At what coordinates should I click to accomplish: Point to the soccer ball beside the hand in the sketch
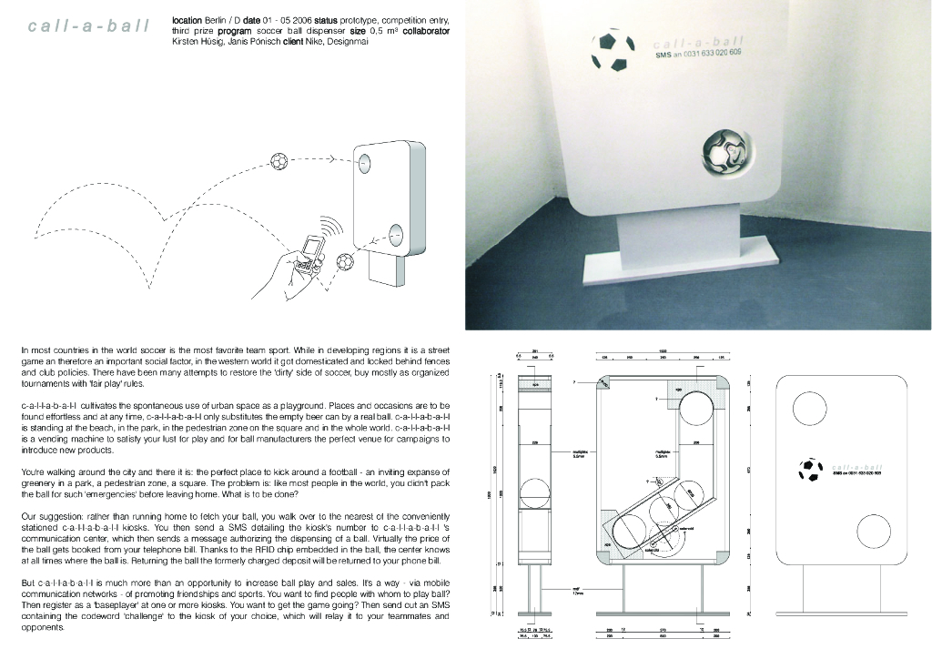click(346, 261)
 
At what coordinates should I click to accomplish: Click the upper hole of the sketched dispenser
click(364, 164)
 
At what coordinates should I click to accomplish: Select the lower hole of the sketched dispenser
click(396, 235)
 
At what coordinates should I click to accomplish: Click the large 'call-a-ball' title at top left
click(88, 25)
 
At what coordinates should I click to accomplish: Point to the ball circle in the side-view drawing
click(534, 499)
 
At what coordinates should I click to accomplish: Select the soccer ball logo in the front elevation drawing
click(809, 470)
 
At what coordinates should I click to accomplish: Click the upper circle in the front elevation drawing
click(807, 410)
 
